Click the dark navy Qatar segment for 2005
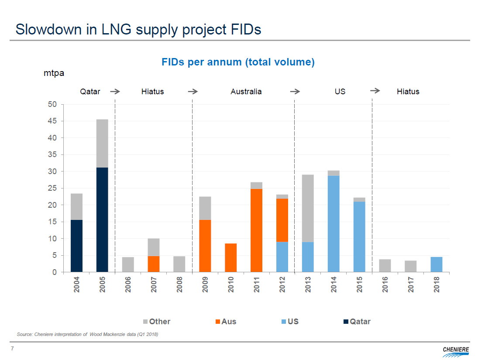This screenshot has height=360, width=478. [x=102, y=219]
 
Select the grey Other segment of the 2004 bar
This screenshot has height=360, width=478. [x=76, y=206]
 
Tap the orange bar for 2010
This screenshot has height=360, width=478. [x=230, y=257]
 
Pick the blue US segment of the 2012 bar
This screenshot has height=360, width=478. [x=282, y=257]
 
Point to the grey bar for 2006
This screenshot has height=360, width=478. [x=128, y=264]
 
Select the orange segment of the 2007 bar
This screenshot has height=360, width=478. [x=154, y=264]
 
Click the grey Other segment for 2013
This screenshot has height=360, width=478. [x=308, y=208]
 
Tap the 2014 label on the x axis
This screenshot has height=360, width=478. [x=334, y=284]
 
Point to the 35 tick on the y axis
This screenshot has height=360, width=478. [x=52, y=155]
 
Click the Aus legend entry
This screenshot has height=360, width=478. [x=226, y=322]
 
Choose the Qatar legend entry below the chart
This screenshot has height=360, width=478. [x=357, y=322]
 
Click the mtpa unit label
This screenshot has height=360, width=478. [x=54, y=73]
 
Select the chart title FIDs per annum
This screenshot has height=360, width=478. [x=238, y=62]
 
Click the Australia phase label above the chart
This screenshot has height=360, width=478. [x=246, y=92]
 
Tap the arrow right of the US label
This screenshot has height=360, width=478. [x=375, y=91]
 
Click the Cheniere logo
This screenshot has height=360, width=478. [x=456, y=350]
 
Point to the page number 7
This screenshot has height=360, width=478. [x=13, y=348]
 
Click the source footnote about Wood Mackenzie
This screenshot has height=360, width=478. [x=87, y=334]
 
